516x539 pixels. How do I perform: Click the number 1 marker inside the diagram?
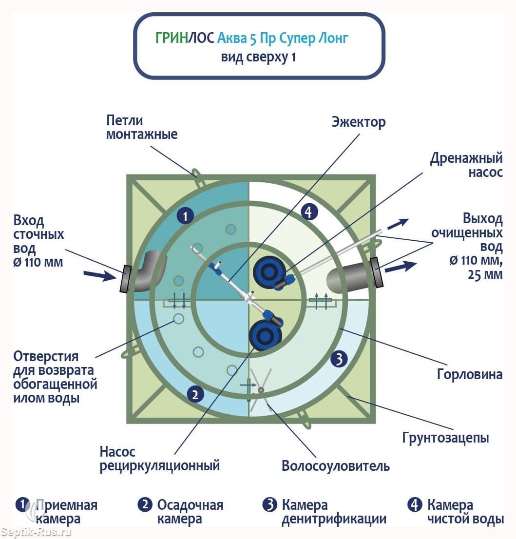185,216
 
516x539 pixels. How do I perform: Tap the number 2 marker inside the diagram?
195,394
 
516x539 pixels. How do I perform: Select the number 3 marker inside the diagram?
339,359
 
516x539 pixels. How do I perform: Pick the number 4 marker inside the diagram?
309,212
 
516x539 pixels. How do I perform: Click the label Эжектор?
359,122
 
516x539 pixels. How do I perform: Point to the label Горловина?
470,374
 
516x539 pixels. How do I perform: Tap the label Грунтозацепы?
445,438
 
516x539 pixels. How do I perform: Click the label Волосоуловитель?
336,466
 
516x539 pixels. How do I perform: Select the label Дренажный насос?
466,165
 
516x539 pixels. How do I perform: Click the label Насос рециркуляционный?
159,459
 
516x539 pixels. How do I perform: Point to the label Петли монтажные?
142,127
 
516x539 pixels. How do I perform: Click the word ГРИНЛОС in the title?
185,38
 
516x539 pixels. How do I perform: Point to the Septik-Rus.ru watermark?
36,533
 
